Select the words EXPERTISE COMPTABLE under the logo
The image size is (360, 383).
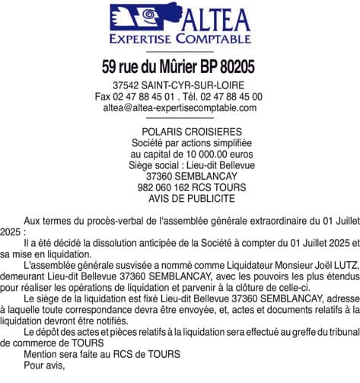coord(180,38)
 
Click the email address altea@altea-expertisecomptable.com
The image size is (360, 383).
coord(180,108)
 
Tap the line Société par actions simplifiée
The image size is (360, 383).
coord(180,143)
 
